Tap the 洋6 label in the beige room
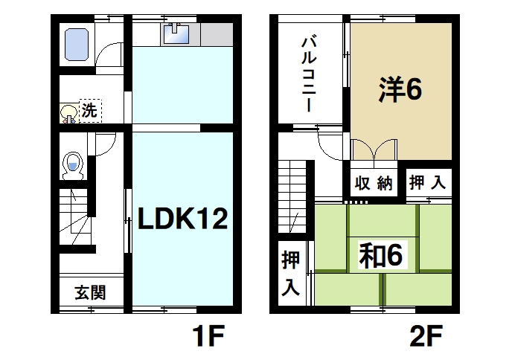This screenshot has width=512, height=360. tap(400, 90)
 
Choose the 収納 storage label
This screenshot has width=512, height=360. tap(373, 184)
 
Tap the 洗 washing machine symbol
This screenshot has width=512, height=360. tap(89, 112)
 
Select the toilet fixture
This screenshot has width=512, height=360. tap(73, 165)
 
